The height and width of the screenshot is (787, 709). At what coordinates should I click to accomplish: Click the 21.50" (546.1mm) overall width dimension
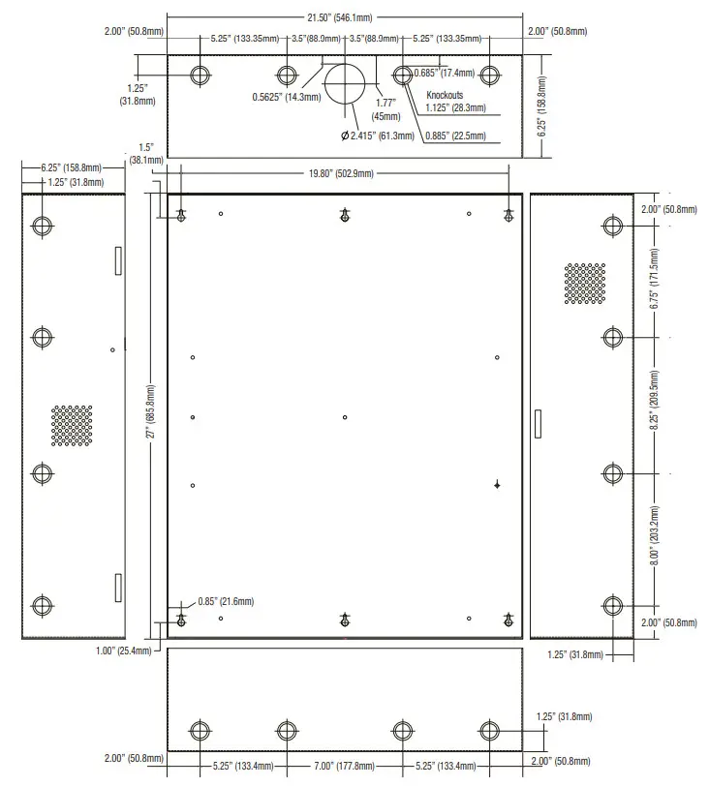coord(345,17)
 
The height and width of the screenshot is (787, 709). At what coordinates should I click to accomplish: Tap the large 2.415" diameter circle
coord(345,84)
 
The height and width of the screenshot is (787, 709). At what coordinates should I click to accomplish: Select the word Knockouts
coord(446,95)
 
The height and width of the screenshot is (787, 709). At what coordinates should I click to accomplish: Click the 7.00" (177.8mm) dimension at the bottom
coord(345,766)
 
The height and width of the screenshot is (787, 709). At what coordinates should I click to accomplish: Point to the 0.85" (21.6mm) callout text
coord(226,601)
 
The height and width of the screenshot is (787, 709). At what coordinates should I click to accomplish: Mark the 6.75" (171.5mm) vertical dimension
coord(654,282)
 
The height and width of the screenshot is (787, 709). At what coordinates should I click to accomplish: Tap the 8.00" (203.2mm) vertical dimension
coord(654,538)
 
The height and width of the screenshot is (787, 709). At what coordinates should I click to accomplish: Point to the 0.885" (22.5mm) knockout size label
coord(455,135)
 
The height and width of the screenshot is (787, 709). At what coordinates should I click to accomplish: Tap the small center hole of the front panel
coord(345,417)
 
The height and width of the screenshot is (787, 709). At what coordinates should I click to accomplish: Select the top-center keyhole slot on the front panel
coord(345,216)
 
